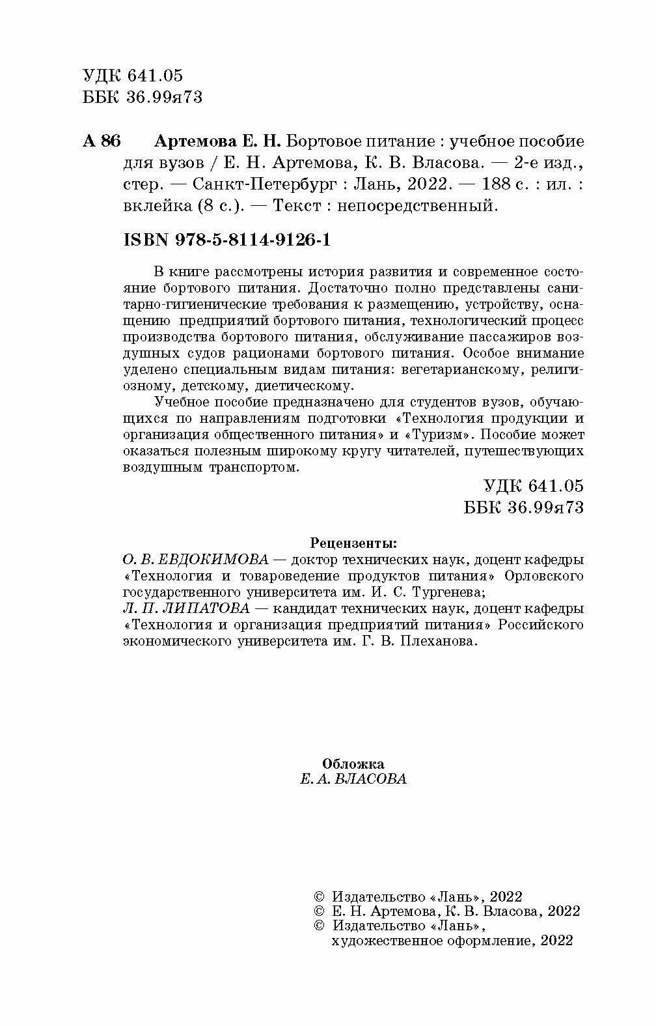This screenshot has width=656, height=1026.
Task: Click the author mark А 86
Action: coord(102,141)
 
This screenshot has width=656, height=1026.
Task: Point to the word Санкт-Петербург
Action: coord(267,184)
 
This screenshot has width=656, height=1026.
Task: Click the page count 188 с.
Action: coord(504,184)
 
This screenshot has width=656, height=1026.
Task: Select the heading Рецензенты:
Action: coord(353,543)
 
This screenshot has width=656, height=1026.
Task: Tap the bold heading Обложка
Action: coord(353,763)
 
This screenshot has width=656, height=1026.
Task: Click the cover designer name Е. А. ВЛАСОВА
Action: coord(353,779)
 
